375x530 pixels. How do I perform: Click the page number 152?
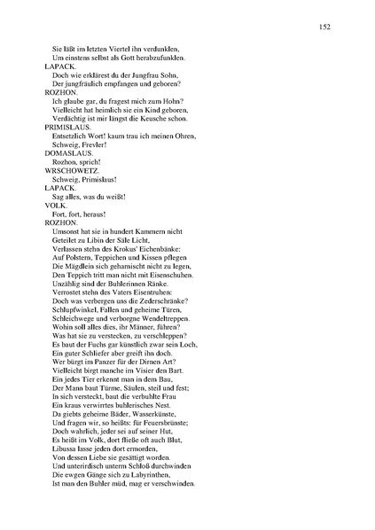click(325, 27)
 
